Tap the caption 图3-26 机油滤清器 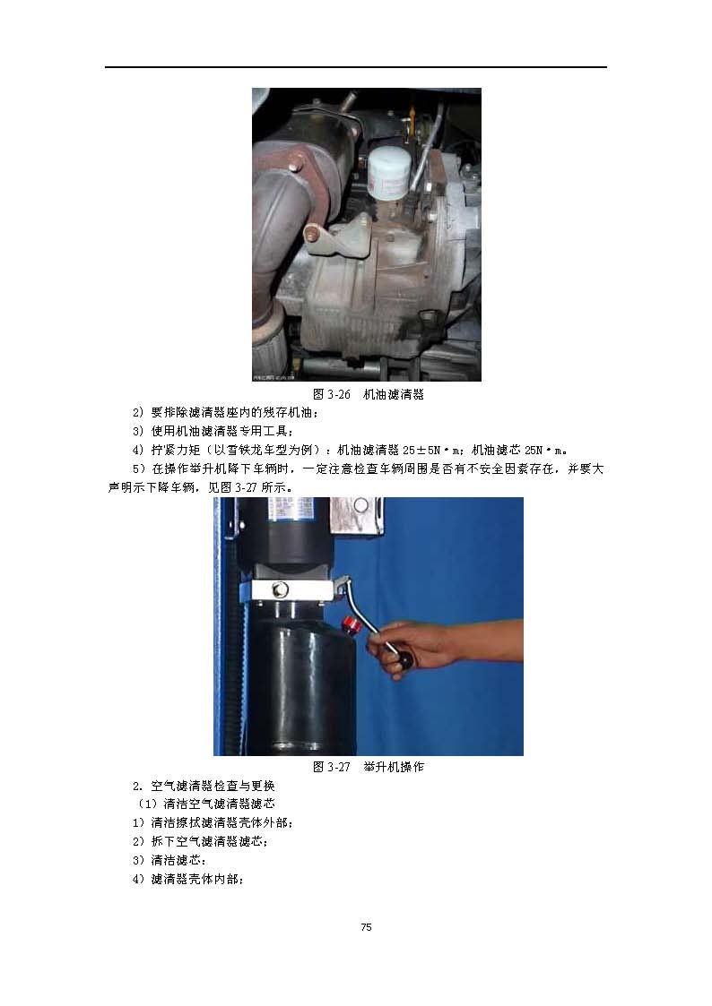pyautogui.click(x=368, y=394)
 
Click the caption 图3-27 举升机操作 pyautogui.click(x=368, y=767)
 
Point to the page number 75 pyautogui.click(x=367, y=926)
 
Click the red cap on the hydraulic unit pyautogui.click(x=351, y=623)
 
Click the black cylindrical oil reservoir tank pyautogui.click(x=301, y=687)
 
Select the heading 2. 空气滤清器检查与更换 pyautogui.click(x=204, y=786)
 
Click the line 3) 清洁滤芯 pyautogui.click(x=169, y=860)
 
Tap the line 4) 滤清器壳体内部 pyautogui.click(x=188, y=879)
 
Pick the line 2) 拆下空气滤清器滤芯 pyautogui.click(x=200, y=841)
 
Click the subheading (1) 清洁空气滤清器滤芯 pyautogui.click(x=205, y=804)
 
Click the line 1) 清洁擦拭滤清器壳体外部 pyautogui.click(x=213, y=822)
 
